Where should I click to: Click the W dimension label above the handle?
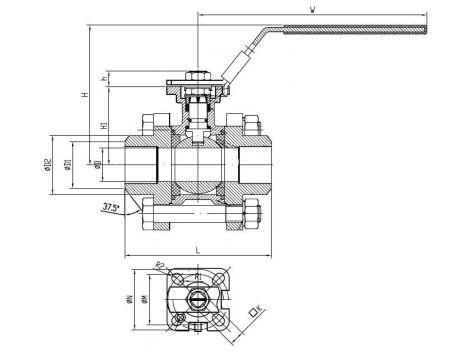[313, 10]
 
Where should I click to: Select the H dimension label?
[86, 94]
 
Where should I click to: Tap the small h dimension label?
[105, 79]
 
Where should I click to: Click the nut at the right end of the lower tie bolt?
[257, 214]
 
